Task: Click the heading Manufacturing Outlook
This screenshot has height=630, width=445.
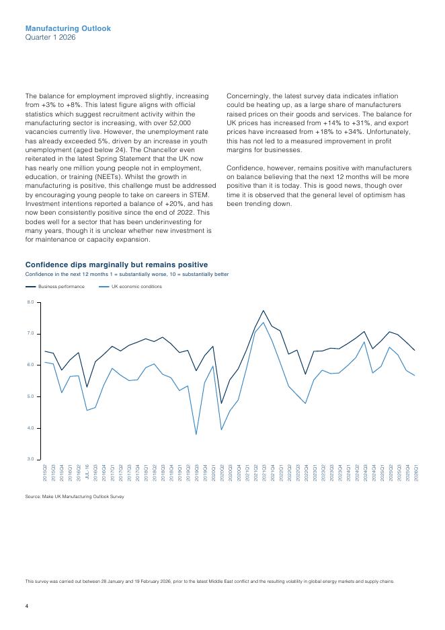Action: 68,29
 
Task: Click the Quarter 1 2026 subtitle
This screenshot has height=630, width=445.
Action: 50,38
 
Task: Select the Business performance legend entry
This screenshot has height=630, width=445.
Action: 61,287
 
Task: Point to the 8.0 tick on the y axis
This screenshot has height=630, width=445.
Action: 30,302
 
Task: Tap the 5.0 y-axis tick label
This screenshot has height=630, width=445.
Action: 30,396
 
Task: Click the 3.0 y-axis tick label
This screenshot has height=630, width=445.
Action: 30,459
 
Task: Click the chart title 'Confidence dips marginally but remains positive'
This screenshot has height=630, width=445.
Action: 116,265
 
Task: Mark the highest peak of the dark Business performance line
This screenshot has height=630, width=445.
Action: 264,310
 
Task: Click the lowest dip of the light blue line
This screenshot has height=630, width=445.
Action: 196,434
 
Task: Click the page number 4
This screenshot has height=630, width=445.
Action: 27,607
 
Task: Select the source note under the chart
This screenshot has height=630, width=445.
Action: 75,497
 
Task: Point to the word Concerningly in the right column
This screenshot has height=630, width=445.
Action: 249,96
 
